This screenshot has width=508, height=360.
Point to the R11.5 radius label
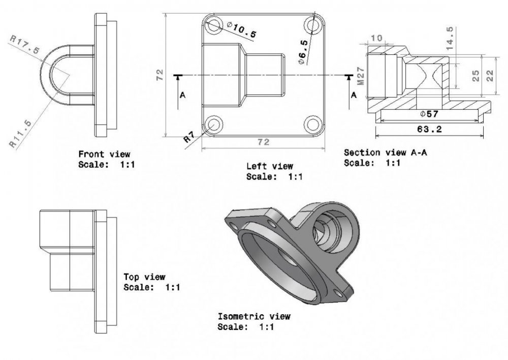22,134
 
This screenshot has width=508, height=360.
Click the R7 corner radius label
189,137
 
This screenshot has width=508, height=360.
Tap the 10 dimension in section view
376,38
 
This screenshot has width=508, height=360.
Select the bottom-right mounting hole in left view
312,124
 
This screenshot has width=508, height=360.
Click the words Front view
104,154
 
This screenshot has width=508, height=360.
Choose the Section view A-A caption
379,153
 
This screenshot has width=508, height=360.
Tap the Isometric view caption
254,316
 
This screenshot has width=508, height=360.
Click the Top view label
144,277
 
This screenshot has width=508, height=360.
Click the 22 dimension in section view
490,76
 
